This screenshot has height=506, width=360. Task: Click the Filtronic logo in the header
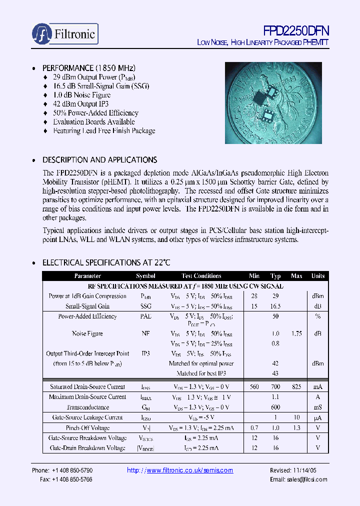[x=64, y=33]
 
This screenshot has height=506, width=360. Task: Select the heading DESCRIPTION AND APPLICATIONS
[x=99, y=160]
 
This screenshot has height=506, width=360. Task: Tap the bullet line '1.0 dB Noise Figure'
[x=81, y=95]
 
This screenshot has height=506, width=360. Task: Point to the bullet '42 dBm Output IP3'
[x=80, y=104]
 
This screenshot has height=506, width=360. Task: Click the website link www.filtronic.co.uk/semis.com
[x=180, y=470]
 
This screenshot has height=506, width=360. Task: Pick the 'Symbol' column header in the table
[x=145, y=276]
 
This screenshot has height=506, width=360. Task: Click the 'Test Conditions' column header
[x=201, y=276]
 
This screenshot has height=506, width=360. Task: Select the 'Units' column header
[x=318, y=276]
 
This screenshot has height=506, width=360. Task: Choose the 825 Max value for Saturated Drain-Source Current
[x=296, y=386]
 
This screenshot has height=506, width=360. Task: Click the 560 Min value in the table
[x=254, y=386]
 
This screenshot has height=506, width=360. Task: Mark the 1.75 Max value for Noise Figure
[x=296, y=333]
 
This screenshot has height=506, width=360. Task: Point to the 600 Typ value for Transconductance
[x=275, y=407]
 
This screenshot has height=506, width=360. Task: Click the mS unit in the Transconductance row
[x=318, y=407]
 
